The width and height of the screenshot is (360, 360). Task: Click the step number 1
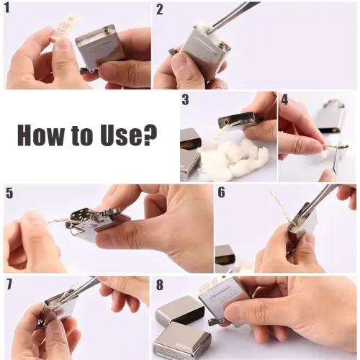(7, 9)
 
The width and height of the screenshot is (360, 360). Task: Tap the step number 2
(160, 9)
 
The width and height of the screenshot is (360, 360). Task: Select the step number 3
(185, 99)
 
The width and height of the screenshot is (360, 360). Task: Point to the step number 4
(284, 99)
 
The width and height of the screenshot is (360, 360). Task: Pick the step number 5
(9, 193)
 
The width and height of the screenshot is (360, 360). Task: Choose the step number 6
(222, 192)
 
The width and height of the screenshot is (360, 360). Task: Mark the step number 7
(9, 284)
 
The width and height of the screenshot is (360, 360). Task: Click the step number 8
(160, 285)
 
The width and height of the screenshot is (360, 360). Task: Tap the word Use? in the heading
(129, 134)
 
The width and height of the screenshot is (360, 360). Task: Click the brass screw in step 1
(106, 30)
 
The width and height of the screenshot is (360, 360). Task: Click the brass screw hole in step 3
(226, 122)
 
